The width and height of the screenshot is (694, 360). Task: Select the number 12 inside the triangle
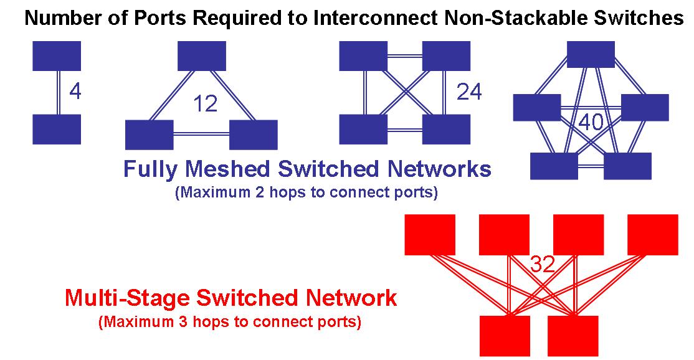206,103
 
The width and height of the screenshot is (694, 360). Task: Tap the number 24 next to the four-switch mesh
469,92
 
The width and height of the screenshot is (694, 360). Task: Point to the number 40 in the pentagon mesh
591,122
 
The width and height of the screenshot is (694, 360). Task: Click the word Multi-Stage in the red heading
126,298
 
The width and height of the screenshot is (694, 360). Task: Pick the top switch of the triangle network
202,56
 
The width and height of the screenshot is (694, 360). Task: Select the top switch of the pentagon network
591,55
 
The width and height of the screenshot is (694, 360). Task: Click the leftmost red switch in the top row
430,235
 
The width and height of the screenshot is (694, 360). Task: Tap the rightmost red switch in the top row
652,235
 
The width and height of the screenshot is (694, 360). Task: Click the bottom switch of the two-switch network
57,129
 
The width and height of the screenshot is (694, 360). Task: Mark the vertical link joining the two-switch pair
57,92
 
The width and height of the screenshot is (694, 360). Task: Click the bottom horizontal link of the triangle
201,133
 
